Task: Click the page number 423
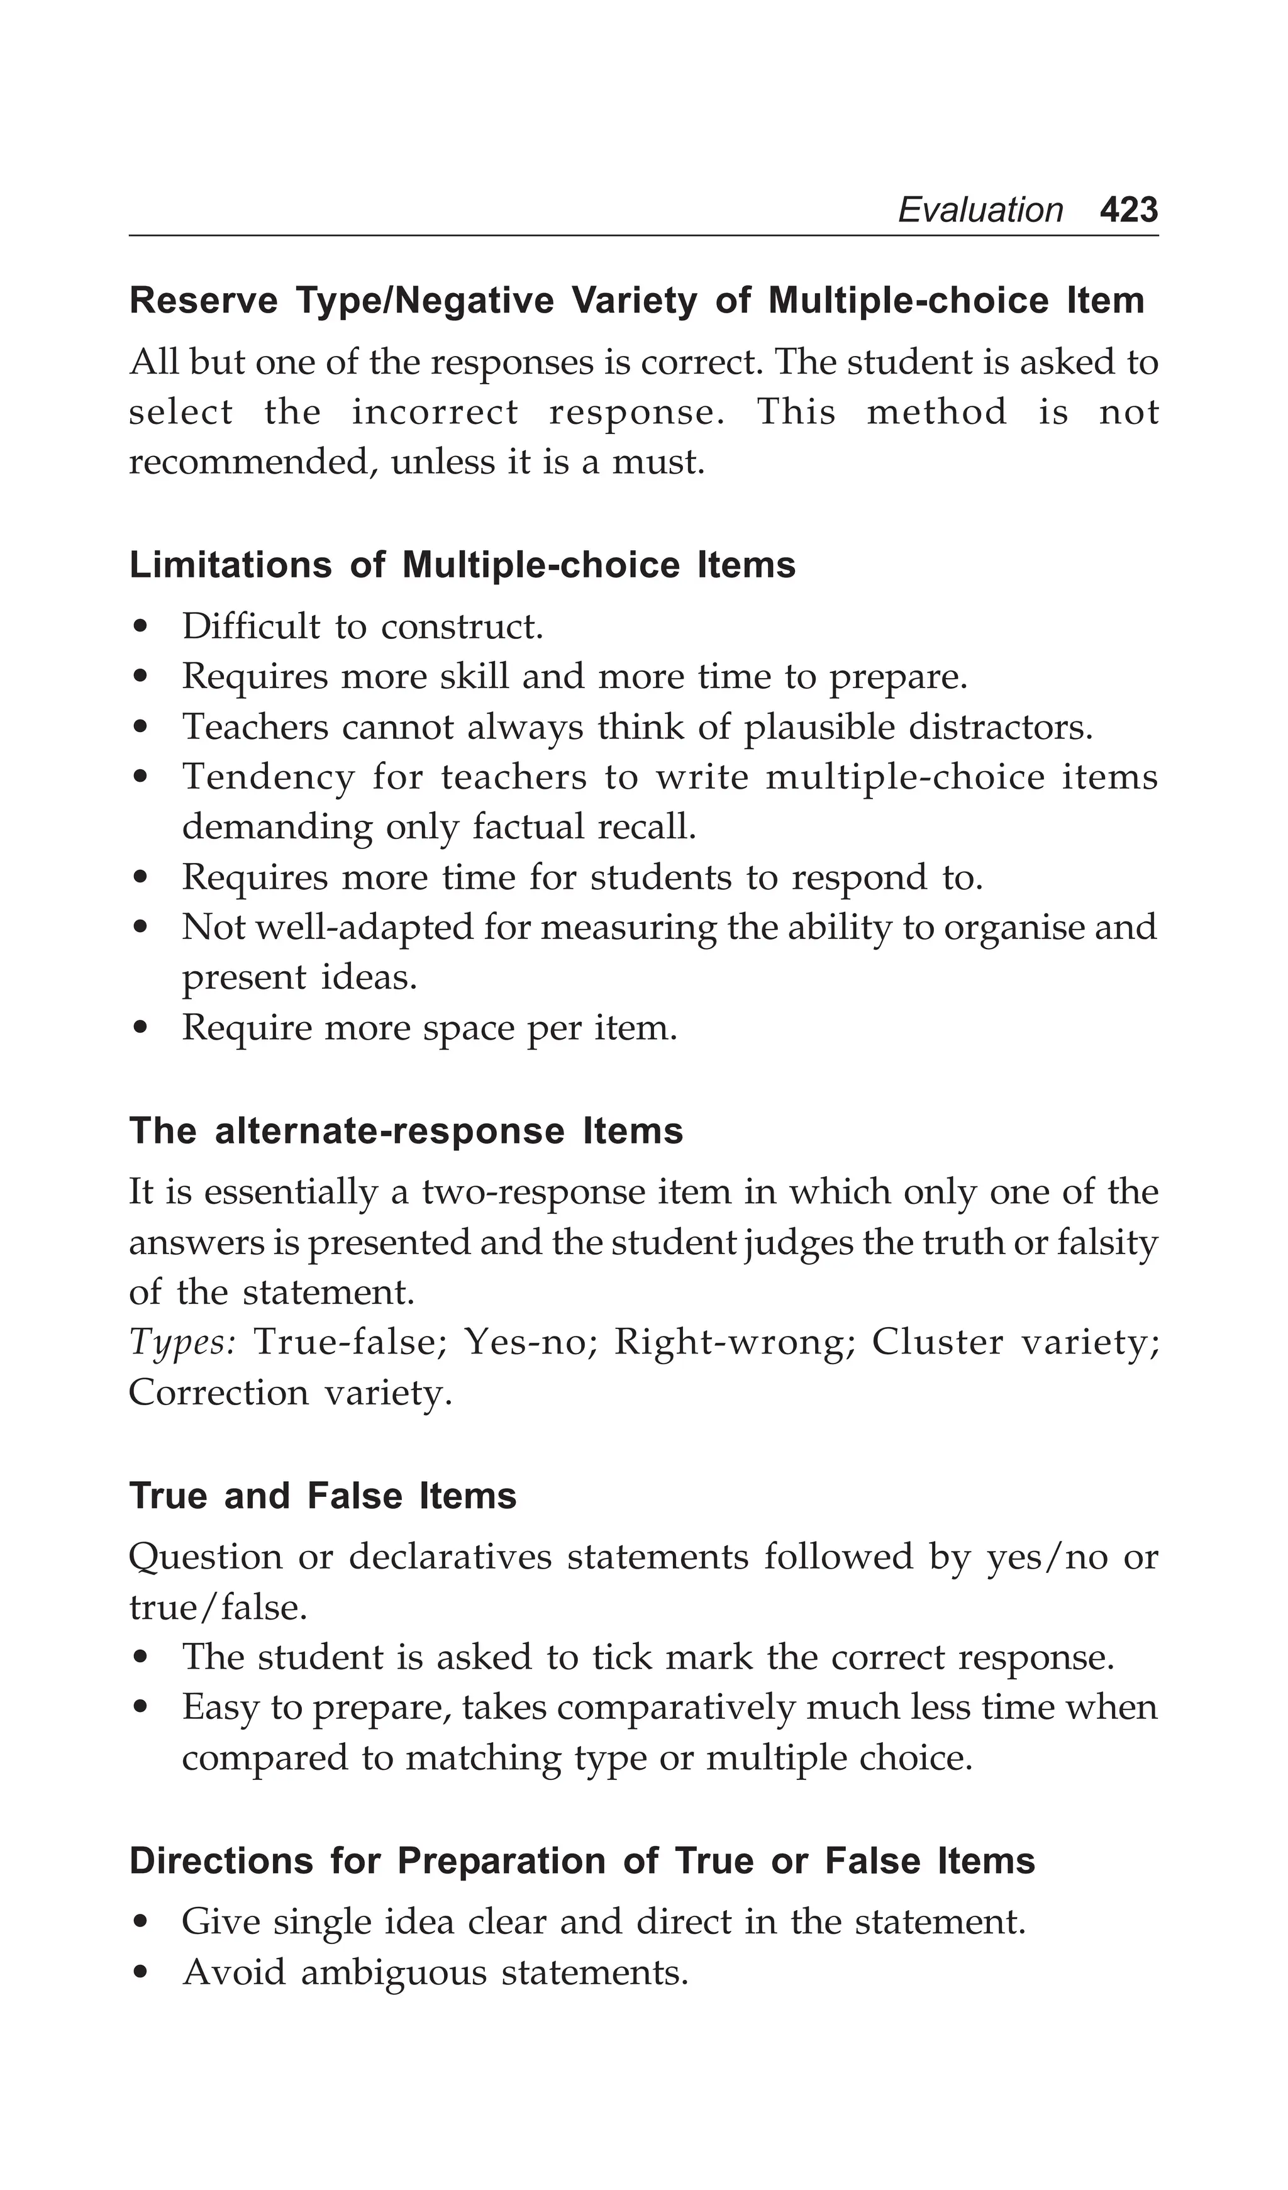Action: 1128,210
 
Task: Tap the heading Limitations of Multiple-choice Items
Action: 462,566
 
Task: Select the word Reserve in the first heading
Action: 203,301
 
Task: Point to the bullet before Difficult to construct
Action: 141,628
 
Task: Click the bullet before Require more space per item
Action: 141,1030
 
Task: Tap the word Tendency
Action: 268,777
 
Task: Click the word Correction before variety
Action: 218,1393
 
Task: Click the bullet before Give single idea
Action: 141,1924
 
